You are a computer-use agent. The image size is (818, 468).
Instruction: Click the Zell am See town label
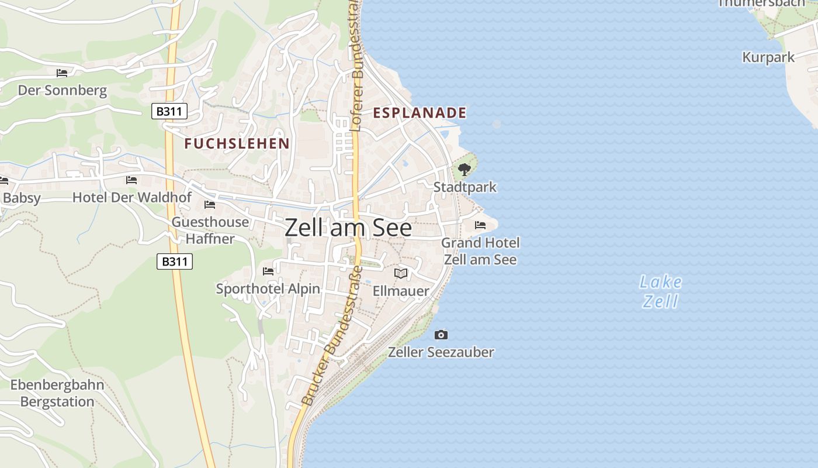click(348, 228)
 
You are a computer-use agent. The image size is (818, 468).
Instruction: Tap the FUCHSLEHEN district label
click(237, 143)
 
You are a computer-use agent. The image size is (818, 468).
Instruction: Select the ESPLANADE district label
click(420, 113)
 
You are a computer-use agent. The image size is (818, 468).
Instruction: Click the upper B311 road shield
click(169, 111)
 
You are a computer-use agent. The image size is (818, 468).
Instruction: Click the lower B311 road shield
click(175, 261)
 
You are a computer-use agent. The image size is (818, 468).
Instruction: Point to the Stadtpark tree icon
click(465, 170)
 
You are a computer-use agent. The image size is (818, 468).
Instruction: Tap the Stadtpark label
click(465, 187)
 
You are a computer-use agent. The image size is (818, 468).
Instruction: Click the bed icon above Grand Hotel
click(480, 225)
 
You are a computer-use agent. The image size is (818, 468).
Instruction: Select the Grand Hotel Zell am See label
click(480, 250)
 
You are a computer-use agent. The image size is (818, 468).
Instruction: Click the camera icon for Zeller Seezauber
click(441, 335)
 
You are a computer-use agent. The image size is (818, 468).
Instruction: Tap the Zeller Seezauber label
click(441, 352)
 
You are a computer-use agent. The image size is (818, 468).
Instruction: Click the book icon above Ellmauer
click(401, 273)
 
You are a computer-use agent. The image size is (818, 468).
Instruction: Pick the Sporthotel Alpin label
click(268, 288)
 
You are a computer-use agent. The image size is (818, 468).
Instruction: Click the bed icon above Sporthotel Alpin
click(268, 271)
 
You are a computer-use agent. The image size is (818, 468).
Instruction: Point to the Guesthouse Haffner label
click(210, 230)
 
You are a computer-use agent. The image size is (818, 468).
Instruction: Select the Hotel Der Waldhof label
click(131, 197)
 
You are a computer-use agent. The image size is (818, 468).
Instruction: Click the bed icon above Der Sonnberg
click(62, 73)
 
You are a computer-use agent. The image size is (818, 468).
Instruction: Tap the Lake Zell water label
click(661, 291)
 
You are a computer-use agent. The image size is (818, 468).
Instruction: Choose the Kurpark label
click(768, 57)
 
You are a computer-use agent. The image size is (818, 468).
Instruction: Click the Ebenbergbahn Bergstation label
click(57, 393)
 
